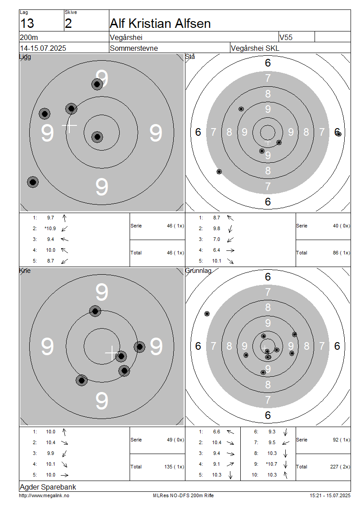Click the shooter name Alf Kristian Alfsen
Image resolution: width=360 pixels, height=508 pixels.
160,24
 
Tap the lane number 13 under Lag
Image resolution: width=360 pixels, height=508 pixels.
27,24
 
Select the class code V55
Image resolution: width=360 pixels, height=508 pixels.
286,37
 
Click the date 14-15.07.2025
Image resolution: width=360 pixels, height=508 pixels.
43,48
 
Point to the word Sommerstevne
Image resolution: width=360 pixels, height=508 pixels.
134,48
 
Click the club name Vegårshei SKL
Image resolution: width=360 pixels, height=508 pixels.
255,48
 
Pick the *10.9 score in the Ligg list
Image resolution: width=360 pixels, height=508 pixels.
50,228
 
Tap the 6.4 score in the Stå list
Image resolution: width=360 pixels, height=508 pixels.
216,250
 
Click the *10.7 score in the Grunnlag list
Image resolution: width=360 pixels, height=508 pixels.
272,464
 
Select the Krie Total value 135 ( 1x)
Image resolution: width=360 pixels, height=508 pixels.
174,467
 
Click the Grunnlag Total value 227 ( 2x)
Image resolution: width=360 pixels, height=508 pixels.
340,467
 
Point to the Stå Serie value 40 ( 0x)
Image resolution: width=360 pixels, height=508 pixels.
342,226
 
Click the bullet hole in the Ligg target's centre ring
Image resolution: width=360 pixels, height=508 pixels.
97,137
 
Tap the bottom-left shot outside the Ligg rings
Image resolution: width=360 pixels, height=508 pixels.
33,182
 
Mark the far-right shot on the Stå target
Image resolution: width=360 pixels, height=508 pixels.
338,134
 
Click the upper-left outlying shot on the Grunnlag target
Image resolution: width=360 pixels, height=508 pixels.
207,314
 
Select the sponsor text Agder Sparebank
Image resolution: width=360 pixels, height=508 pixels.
48,487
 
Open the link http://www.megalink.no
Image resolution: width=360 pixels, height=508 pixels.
44,496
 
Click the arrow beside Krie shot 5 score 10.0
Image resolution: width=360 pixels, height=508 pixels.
64,475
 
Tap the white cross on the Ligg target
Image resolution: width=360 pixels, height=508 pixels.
69,125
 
